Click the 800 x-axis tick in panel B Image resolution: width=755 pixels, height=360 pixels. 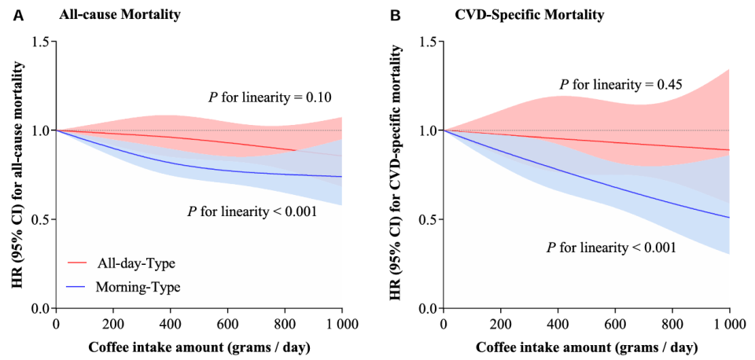click(672, 323)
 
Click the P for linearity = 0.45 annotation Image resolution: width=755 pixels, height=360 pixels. click(617, 84)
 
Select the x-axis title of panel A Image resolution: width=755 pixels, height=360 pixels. click(200, 346)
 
